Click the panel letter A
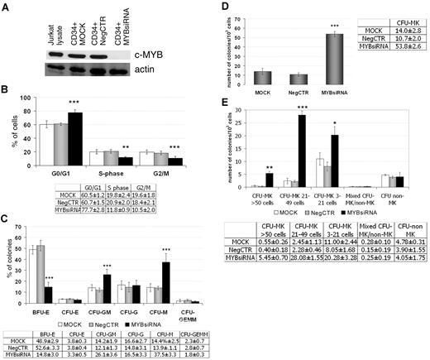[x=6, y=7]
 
